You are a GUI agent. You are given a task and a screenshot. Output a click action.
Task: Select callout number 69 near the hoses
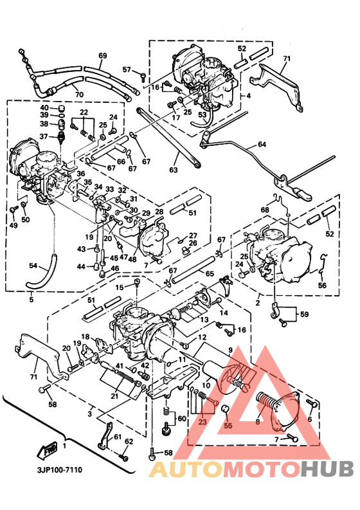coord(102,56)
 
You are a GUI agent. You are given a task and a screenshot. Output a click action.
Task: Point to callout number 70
coord(79,95)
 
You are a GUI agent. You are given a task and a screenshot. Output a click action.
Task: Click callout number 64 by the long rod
coord(261,145)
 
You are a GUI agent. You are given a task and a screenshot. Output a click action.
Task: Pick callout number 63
coord(173,170)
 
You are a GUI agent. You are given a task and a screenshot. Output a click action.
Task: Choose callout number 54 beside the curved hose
coord(34,265)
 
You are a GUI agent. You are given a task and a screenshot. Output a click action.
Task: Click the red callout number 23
coord(202,423)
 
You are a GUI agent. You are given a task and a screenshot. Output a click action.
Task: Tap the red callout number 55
coord(227,425)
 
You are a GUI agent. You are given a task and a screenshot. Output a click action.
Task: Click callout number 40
coord(44,107)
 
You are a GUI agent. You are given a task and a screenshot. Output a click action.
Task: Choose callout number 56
coord(322,285)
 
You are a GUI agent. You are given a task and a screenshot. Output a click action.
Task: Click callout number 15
coord(119,287)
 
